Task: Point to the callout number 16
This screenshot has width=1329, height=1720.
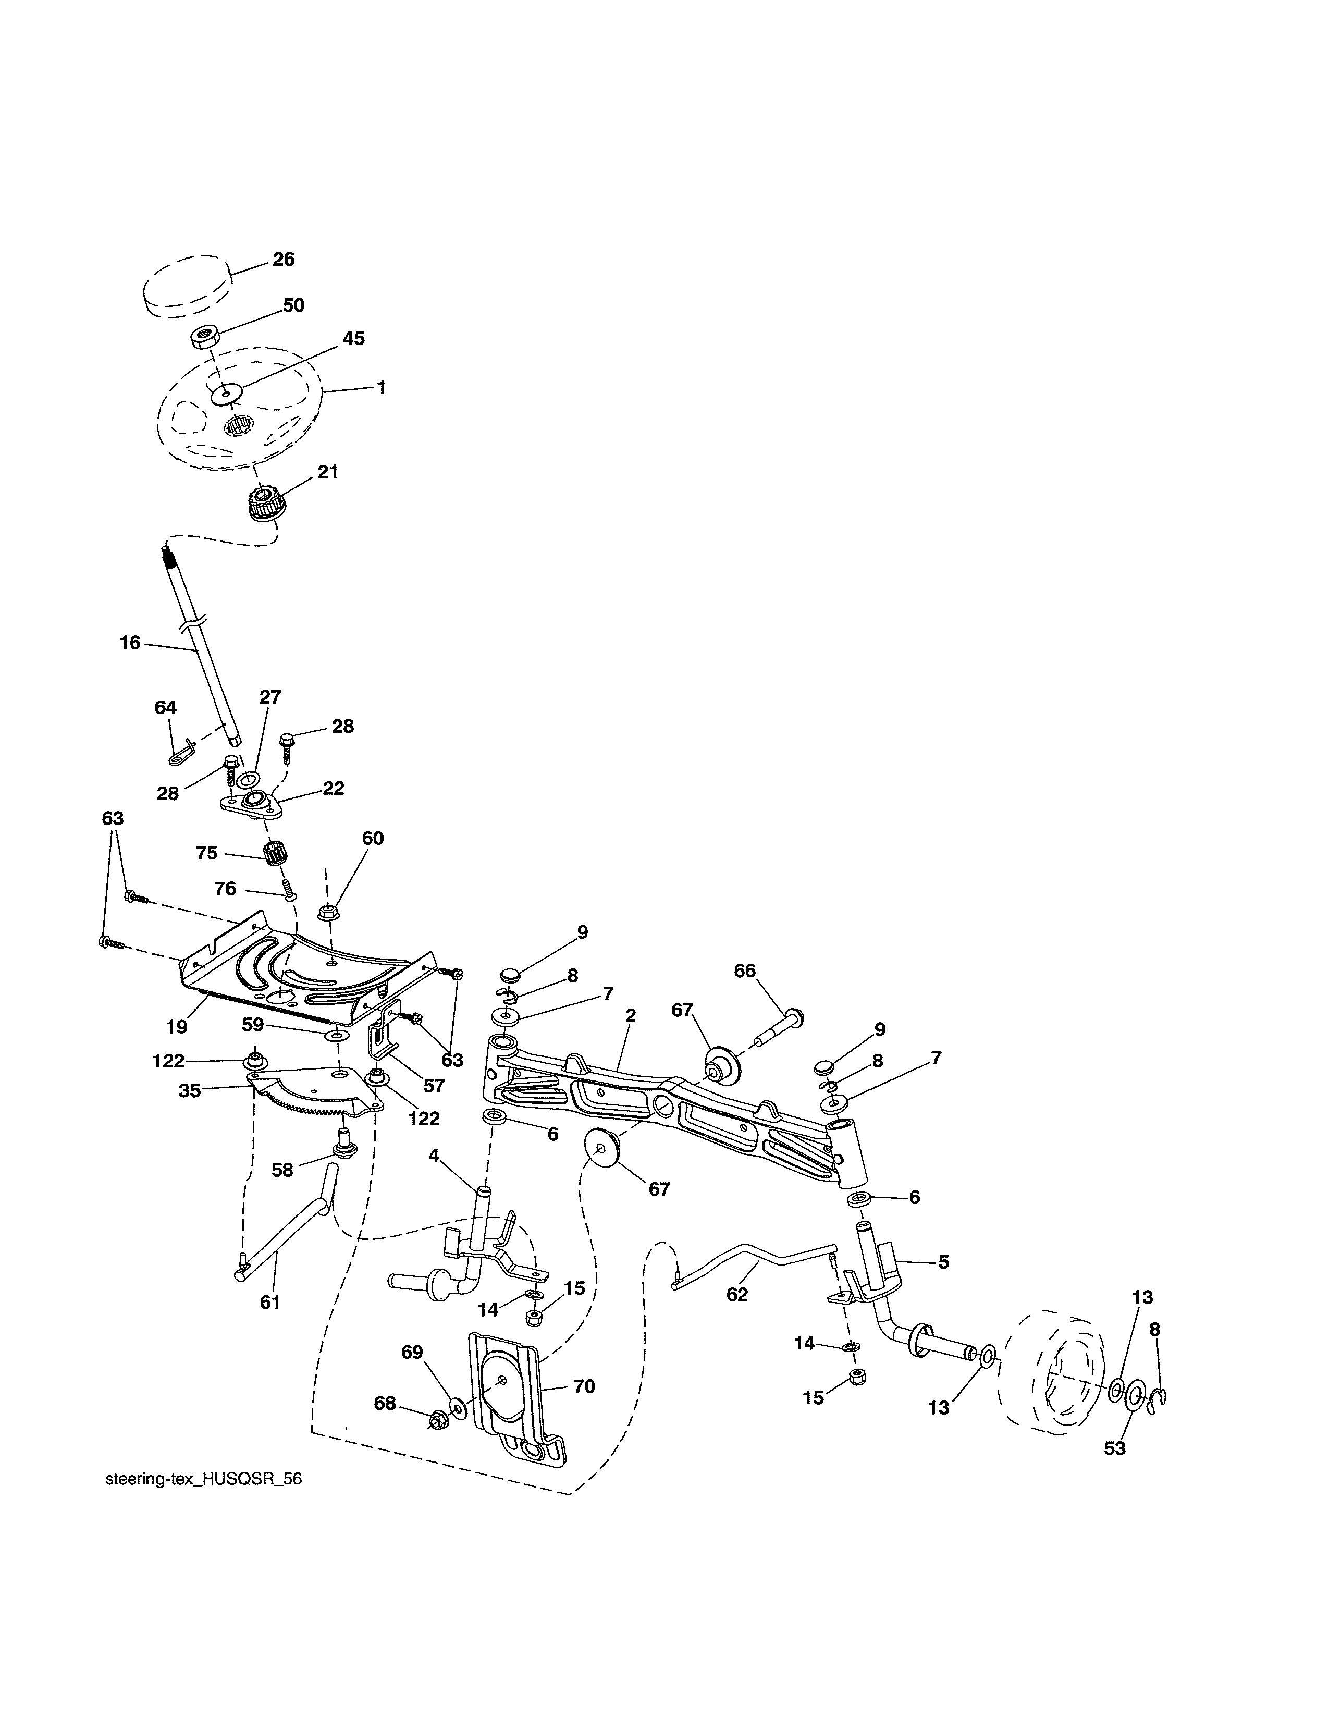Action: point(130,643)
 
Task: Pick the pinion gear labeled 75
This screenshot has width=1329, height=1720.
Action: point(273,853)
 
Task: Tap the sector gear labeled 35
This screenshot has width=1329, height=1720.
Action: point(311,1097)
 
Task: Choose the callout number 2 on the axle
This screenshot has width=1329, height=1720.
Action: point(630,1016)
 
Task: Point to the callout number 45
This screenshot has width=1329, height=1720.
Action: point(353,339)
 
